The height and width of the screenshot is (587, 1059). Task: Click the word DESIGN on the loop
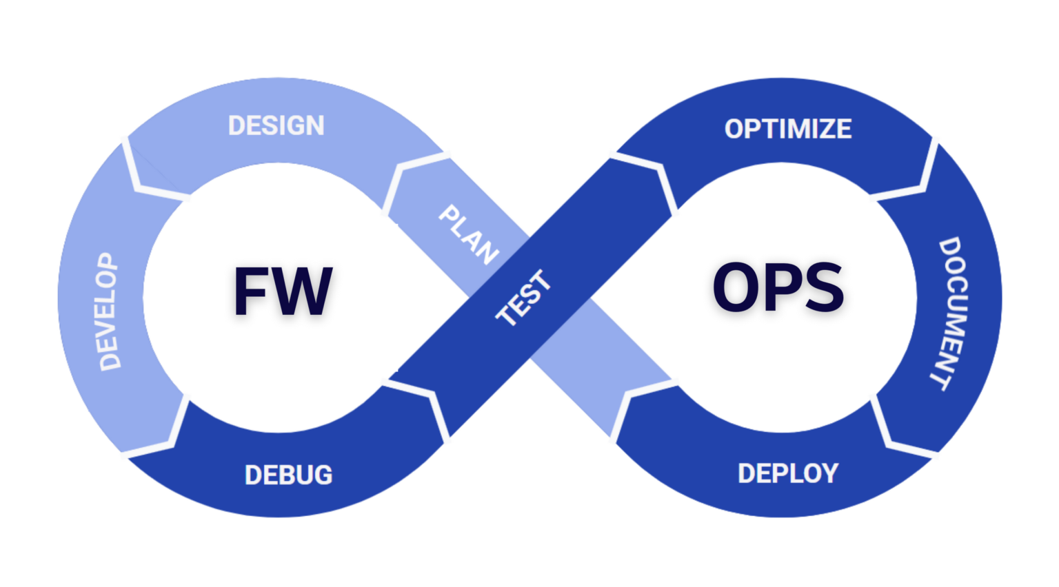point(276,126)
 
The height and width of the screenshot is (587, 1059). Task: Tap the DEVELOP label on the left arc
point(108,311)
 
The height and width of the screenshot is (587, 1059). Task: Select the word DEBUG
point(288,475)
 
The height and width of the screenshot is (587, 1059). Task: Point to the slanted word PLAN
point(469,235)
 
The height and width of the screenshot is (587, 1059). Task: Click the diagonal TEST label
point(524,298)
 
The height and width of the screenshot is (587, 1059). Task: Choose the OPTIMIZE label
point(787,129)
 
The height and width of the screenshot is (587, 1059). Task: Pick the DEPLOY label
point(787,473)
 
